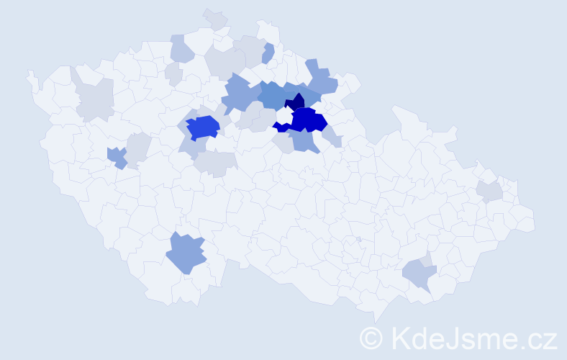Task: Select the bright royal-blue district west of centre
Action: pyautogui.click(x=202, y=127)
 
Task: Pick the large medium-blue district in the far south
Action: pyautogui.click(x=186, y=254)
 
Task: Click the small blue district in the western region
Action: pyautogui.click(x=116, y=156)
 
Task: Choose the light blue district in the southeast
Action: pyautogui.click(x=418, y=274)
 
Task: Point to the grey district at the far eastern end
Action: pyautogui.click(x=490, y=191)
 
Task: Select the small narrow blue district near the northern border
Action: pyautogui.click(x=268, y=53)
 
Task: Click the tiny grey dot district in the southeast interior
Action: pyautogui.click(x=358, y=239)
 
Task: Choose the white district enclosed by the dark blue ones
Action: pyautogui.click(x=284, y=116)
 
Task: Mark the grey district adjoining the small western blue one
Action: pyautogui.click(x=137, y=147)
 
